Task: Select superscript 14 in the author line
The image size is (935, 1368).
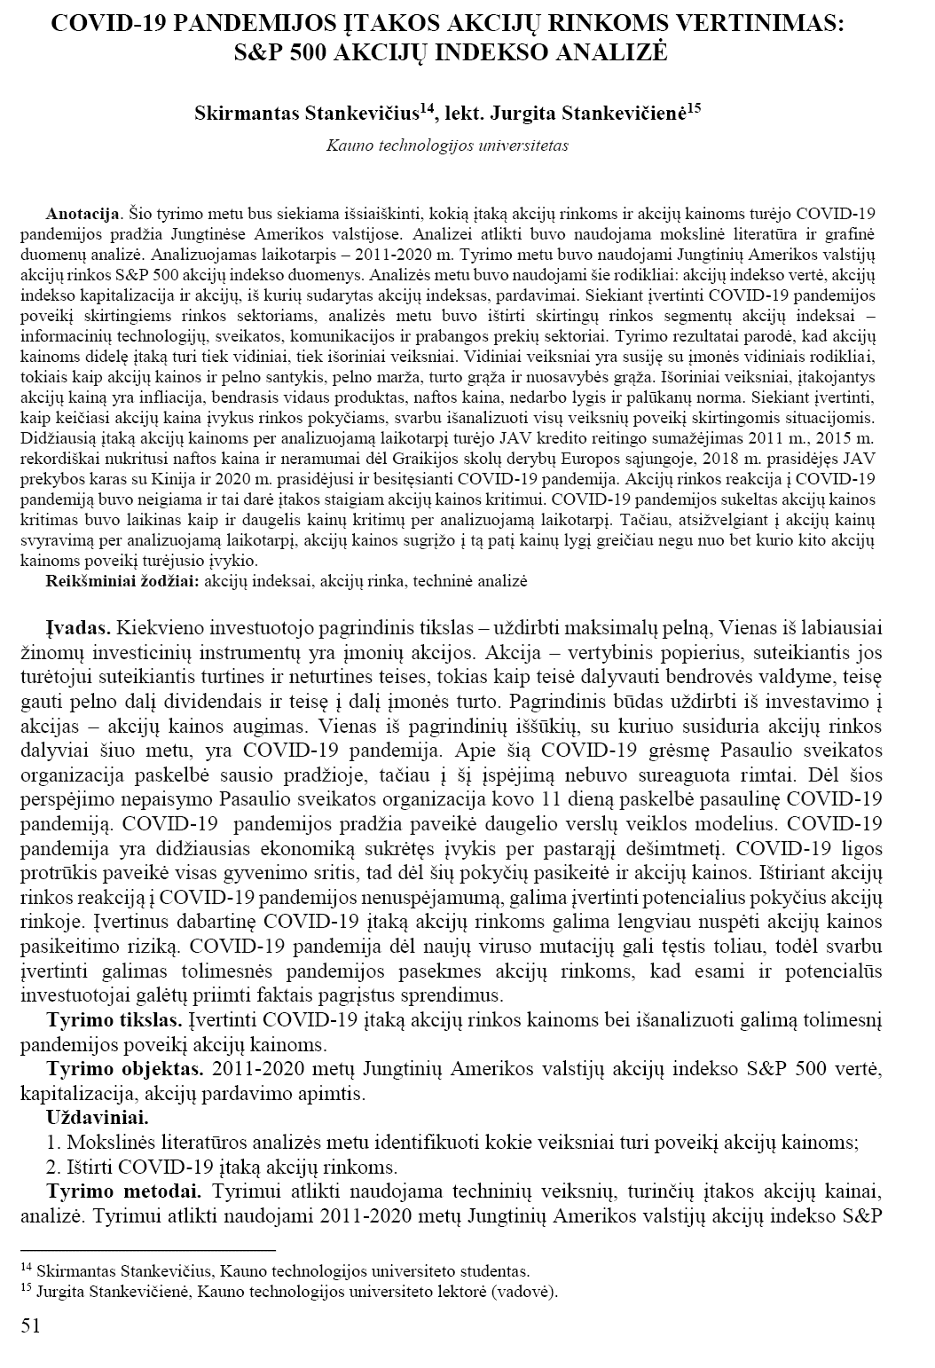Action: tap(426, 107)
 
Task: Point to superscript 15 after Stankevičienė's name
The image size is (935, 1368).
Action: tap(694, 107)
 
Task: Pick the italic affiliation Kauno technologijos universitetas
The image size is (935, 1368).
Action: tap(447, 145)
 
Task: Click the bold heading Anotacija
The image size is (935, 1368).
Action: tap(83, 215)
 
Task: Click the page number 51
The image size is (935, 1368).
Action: tap(30, 1325)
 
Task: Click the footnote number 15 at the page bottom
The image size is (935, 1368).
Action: tap(25, 1288)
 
